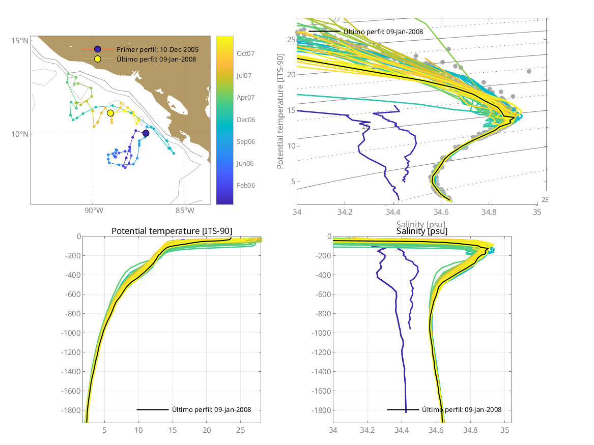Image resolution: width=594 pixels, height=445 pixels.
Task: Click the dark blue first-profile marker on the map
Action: tap(146, 133)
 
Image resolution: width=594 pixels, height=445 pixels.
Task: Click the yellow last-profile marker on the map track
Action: tap(110, 113)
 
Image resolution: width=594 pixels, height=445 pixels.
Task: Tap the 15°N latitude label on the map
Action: tap(20, 40)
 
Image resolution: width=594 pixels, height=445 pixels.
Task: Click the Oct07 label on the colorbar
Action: tap(245, 53)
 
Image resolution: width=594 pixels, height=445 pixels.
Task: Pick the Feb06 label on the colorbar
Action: tap(245, 185)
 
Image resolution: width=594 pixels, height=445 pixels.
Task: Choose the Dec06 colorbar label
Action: tap(245, 120)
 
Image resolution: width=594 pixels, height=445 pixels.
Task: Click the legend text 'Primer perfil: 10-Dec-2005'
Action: tap(157, 49)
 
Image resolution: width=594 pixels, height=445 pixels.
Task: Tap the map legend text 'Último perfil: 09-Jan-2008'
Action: tap(156, 59)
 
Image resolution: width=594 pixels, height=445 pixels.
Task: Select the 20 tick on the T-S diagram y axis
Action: tap(291, 75)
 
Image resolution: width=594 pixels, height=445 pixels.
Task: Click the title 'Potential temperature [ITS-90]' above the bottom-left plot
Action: tap(172, 231)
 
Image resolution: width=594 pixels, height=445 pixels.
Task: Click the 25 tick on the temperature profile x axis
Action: tap(241, 430)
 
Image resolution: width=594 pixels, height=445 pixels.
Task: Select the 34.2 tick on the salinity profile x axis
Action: tap(367, 430)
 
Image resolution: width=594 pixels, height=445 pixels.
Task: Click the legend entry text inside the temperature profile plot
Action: tap(211, 409)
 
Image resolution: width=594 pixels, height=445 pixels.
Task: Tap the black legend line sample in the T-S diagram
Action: tap(324, 31)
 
